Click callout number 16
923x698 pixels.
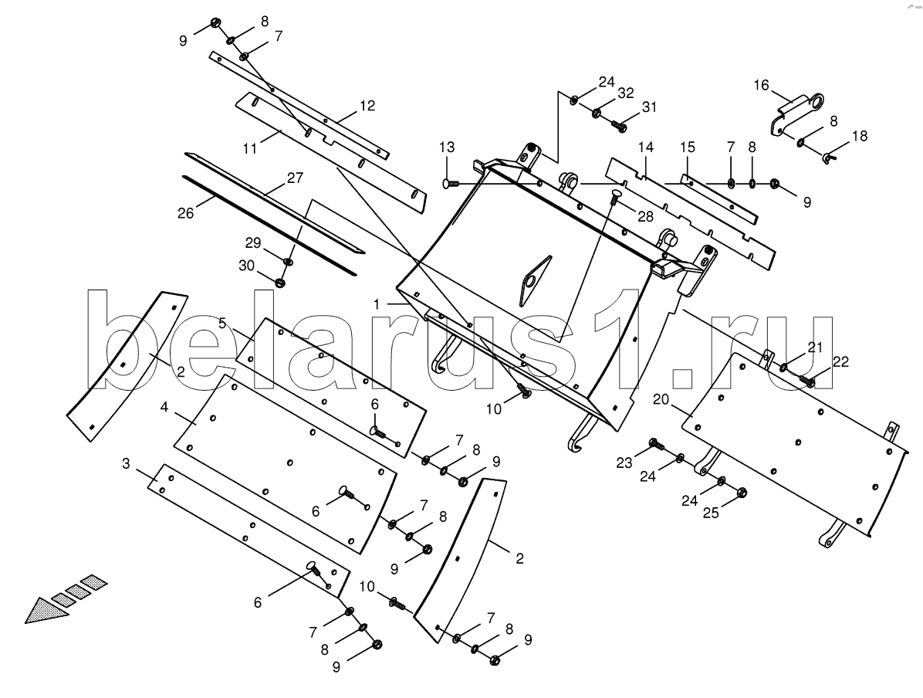click(761, 86)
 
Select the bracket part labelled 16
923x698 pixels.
click(795, 114)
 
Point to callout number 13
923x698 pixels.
click(447, 147)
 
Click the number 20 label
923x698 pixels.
click(661, 399)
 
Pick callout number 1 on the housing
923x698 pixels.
click(376, 304)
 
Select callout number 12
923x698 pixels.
click(367, 106)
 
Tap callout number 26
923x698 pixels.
click(185, 212)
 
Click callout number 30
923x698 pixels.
click(246, 266)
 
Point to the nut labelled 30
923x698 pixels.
click(279, 283)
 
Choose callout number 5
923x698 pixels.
click(222, 323)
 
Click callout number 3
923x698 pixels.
click(125, 463)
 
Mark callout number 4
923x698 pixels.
click(164, 407)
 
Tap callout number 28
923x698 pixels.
click(646, 217)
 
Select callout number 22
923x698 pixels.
click(841, 361)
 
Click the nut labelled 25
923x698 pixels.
click(742, 490)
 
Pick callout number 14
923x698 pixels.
click(646, 147)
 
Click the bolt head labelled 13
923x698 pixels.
click(448, 184)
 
